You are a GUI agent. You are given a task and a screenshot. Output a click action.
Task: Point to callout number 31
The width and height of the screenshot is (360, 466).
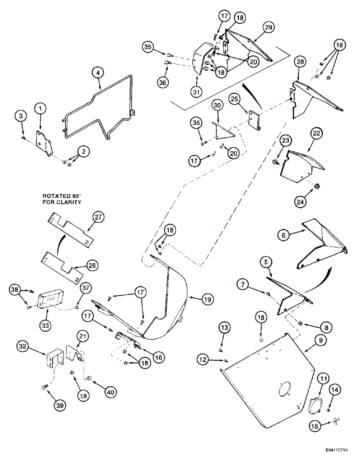196,92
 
